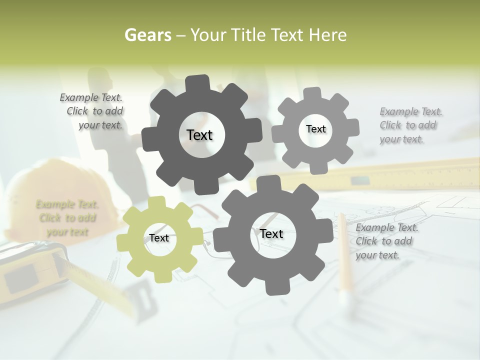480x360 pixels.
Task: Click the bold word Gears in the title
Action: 148,35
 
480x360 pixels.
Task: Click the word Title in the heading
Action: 250,35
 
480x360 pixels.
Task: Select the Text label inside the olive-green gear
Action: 159,238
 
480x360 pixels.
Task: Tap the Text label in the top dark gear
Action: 199,135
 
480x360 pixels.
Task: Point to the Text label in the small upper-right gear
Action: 315,129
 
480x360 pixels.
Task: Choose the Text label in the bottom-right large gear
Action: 271,234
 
